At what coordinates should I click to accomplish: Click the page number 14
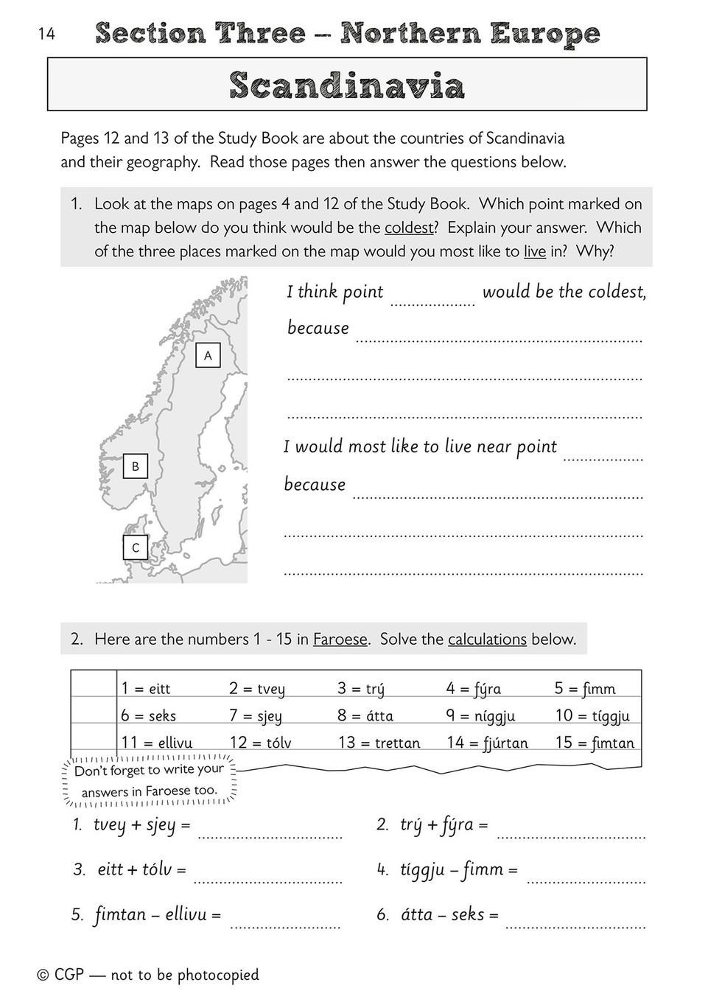46,33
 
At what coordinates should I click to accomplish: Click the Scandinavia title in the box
347,85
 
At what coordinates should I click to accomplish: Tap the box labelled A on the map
208,356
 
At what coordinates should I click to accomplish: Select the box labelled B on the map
136,466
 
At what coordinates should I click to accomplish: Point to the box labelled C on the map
136,548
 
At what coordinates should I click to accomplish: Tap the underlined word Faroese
340,639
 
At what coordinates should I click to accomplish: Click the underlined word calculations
487,639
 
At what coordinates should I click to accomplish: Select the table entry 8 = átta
365,715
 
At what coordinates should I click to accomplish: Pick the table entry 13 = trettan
379,743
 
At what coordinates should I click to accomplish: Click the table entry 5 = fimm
585,688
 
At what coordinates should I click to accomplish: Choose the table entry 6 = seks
149,715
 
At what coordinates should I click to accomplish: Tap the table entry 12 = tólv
260,743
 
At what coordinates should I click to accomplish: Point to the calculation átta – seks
449,914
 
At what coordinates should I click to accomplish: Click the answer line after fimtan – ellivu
285,924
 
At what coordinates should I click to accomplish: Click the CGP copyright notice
148,975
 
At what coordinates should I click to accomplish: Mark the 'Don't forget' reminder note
150,780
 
